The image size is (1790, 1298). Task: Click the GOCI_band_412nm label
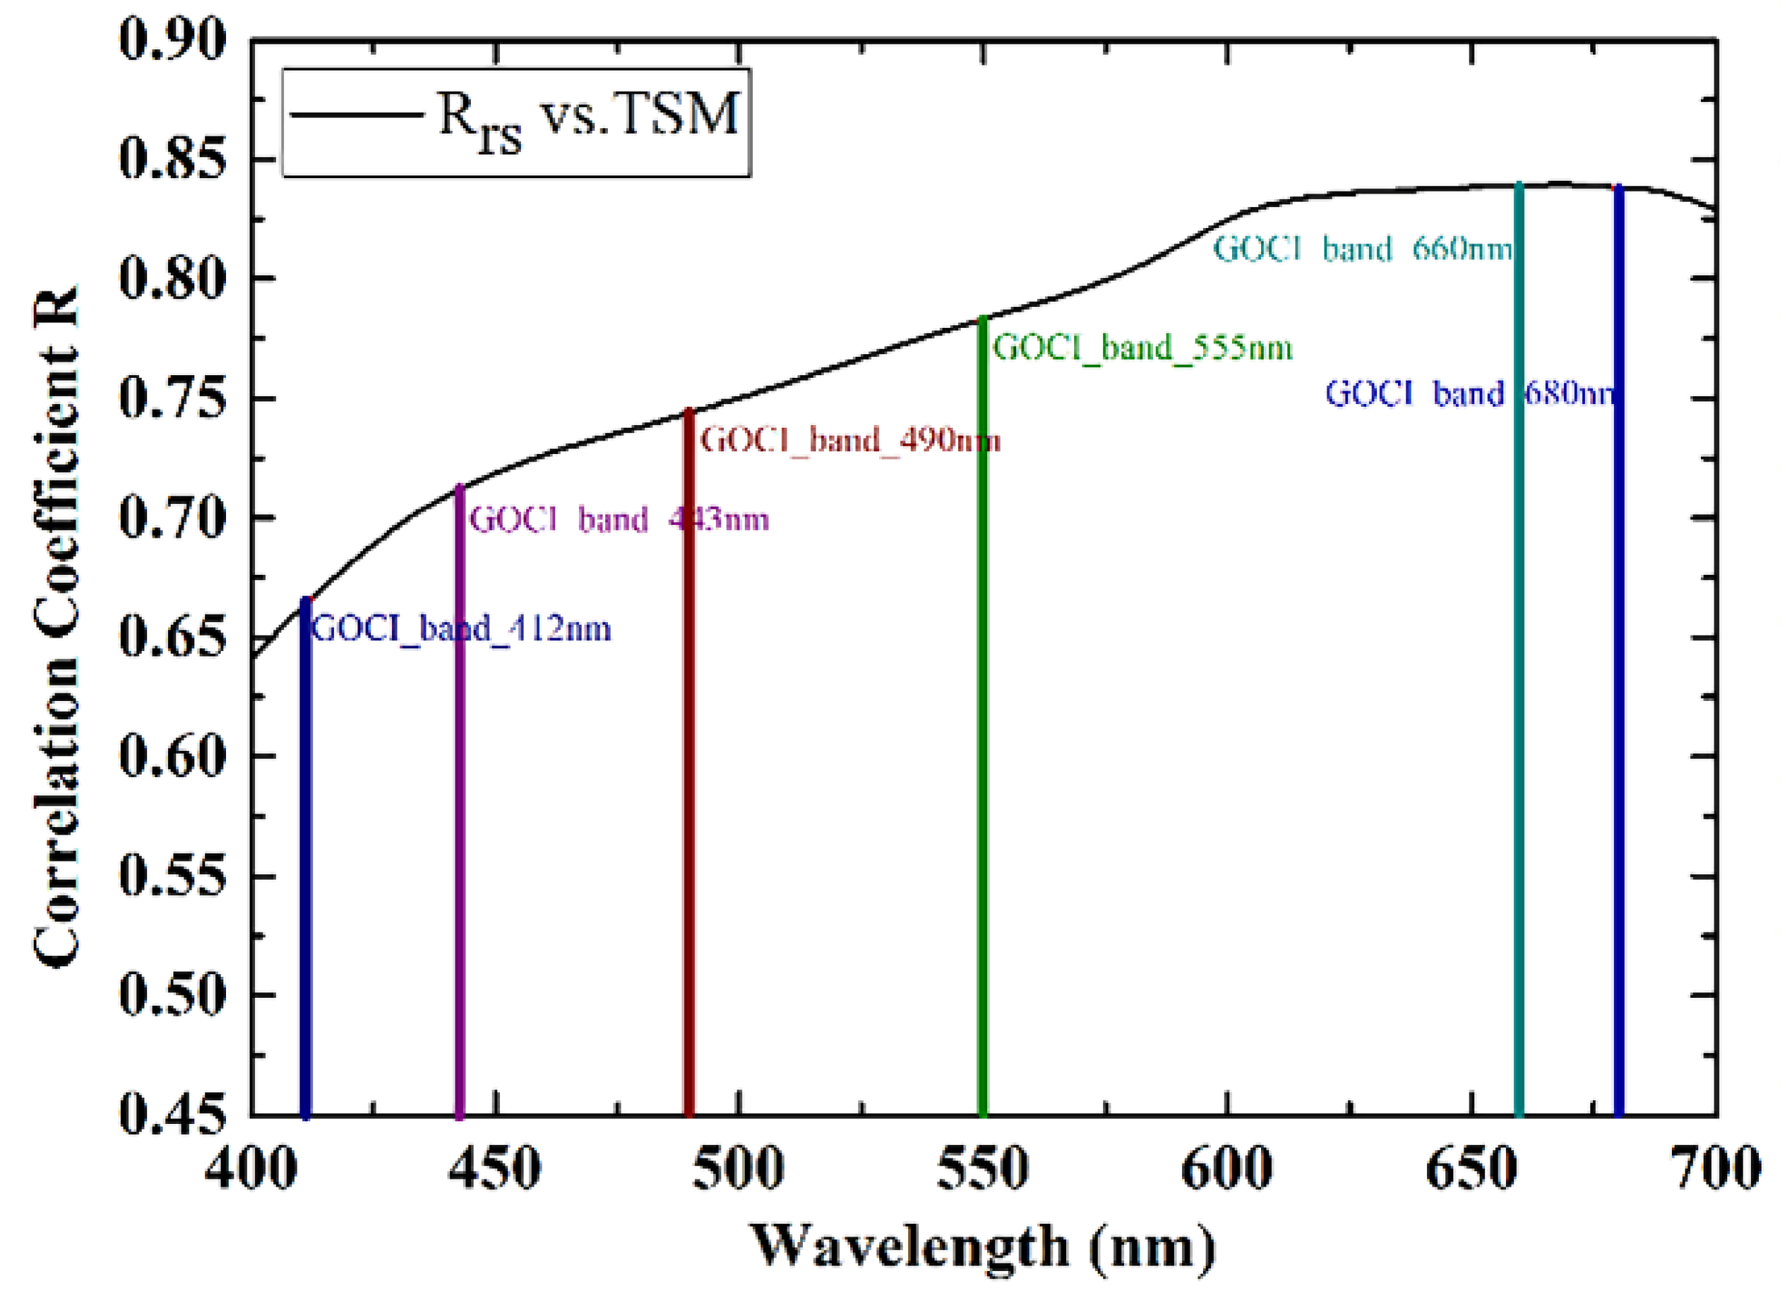click(461, 629)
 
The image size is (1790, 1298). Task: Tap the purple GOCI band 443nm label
click(619, 520)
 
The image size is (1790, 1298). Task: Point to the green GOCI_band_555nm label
click(1142, 348)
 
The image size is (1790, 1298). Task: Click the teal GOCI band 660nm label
click(1363, 250)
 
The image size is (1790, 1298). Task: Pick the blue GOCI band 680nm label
click(1469, 393)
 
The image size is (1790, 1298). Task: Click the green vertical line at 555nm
click(982, 750)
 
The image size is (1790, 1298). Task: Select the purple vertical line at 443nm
click(460, 828)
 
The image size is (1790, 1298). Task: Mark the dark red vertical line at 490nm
click(689, 789)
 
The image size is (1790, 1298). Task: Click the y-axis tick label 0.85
click(171, 159)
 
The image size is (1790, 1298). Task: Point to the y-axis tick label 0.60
click(171, 756)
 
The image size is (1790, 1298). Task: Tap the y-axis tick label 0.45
click(171, 1113)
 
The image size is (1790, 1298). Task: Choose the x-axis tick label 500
click(738, 1168)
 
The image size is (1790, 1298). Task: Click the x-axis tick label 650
click(1471, 1168)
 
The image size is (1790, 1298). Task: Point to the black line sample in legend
click(355, 115)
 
